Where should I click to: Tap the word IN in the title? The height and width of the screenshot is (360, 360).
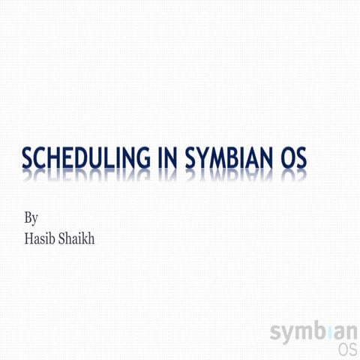pos(165,160)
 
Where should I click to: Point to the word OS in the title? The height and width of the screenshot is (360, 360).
pos(295,160)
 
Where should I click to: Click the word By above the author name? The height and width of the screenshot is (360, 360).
pos(31,219)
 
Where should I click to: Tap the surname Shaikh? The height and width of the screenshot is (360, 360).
pos(77,240)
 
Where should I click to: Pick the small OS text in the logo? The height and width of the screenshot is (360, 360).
pos(346,349)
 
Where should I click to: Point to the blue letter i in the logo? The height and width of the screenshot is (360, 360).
pos(326,330)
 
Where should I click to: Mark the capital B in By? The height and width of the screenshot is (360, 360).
pos(28,218)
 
